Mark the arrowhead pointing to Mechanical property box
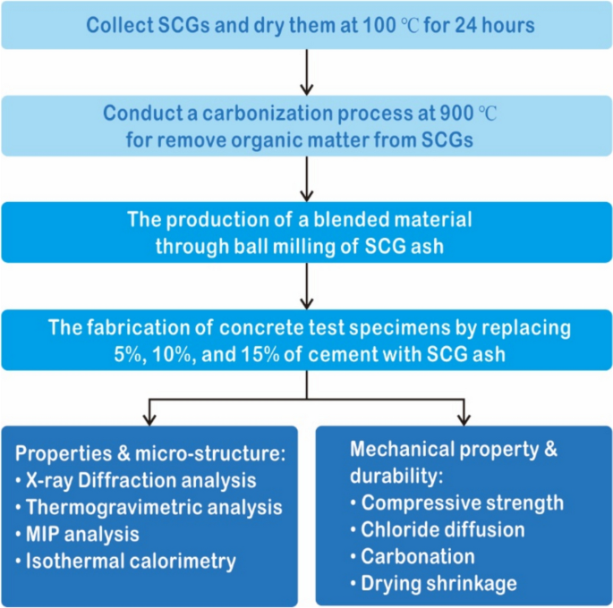tap(464, 419)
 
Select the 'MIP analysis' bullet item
tap(83, 535)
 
